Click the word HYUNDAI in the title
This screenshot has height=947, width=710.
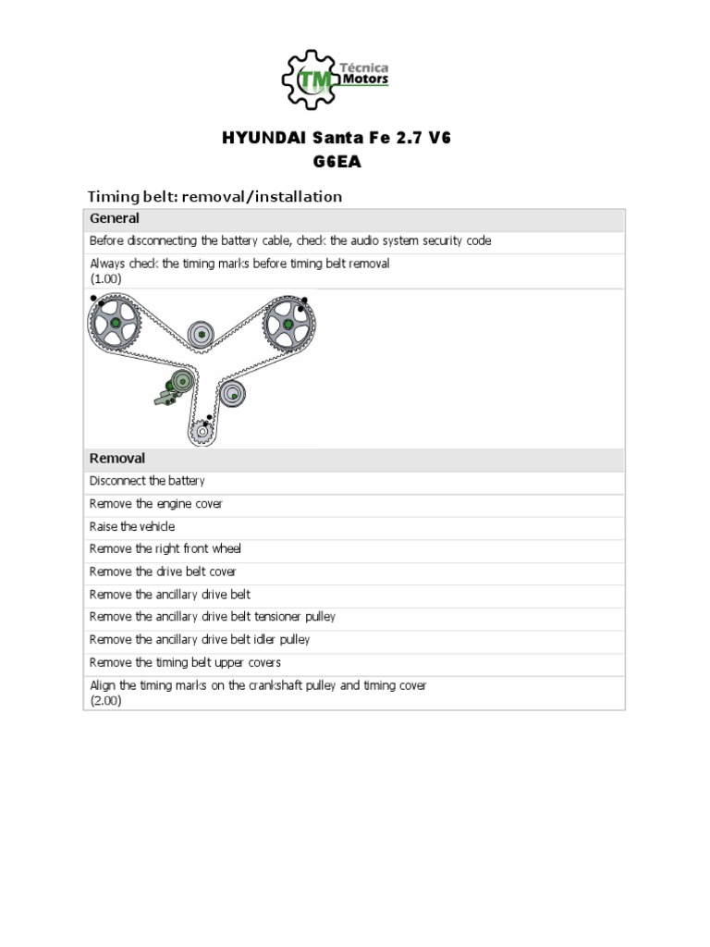pos(254,140)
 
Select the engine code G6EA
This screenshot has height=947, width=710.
pos(338,163)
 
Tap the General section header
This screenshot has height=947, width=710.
pos(115,219)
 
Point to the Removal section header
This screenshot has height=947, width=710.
pos(117,459)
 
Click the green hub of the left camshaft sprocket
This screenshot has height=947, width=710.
pos(114,324)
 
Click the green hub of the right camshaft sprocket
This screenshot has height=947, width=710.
pos(288,325)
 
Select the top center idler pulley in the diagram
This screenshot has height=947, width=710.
pos(201,335)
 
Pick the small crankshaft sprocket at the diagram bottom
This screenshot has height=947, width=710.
pos(202,429)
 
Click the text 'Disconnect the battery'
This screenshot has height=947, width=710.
pos(147,481)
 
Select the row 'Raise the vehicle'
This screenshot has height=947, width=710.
pos(132,526)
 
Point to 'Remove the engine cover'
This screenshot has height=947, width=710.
pos(156,504)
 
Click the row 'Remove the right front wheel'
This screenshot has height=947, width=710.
pos(165,549)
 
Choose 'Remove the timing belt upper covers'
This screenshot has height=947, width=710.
pos(185,662)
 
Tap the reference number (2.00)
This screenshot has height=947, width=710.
pos(105,701)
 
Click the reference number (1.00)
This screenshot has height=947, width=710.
pos(105,278)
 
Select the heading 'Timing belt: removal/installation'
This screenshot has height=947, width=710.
pos(214,196)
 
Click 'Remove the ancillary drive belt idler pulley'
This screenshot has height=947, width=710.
pos(200,639)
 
